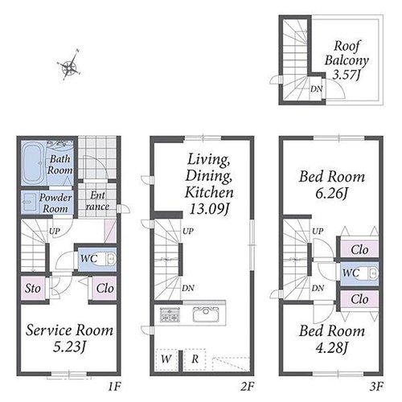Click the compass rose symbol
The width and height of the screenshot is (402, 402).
pyautogui.click(x=69, y=66)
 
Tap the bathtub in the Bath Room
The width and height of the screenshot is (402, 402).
pyautogui.click(x=33, y=162)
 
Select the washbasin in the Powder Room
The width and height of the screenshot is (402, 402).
pyautogui.click(x=29, y=203)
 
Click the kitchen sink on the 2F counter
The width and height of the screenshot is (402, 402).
pyautogui.click(x=205, y=314)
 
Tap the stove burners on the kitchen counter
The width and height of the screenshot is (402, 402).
pyautogui.click(x=170, y=314)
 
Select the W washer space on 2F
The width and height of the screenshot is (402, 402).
pyautogui.click(x=166, y=359)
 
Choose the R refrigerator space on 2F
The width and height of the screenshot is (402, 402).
pyautogui.click(x=195, y=359)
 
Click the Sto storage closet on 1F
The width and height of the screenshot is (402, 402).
pyautogui.click(x=33, y=289)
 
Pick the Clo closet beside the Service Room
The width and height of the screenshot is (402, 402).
pyautogui.click(x=105, y=289)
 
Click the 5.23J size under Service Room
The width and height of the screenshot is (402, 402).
pyautogui.click(x=69, y=347)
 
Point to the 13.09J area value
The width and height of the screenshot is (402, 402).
pyautogui.click(x=209, y=209)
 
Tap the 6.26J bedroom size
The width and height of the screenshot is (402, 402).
pyautogui.click(x=331, y=194)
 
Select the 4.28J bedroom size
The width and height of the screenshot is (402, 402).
pyautogui.click(x=331, y=348)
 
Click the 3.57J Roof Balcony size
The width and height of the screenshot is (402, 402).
pyautogui.click(x=346, y=74)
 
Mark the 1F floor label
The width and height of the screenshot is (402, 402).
pyautogui.click(x=114, y=387)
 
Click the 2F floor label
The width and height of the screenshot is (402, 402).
pyautogui.click(x=247, y=387)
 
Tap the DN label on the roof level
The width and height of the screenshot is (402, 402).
pyautogui.click(x=317, y=89)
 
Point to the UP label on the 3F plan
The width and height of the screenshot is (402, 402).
pyautogui.click(x=318, y=231)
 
